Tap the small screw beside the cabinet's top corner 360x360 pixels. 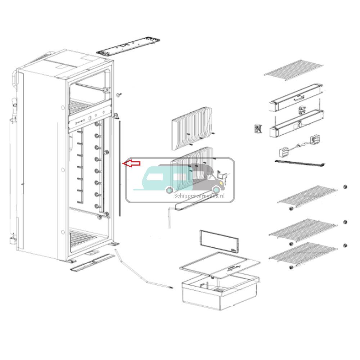[x=118, y=95]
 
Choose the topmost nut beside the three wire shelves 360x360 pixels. [x=345, y=187]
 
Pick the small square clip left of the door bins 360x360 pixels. [x=258, y=129]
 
